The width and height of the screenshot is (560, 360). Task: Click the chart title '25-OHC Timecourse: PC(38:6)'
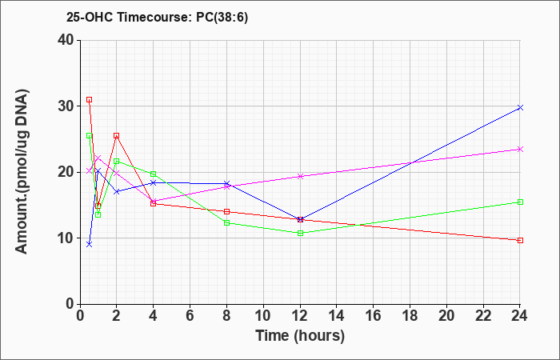coord(157,17)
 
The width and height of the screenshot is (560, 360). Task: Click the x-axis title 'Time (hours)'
coord(300,336)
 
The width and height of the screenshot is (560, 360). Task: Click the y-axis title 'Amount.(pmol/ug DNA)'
coord(22,172)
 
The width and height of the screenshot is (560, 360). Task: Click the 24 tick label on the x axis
coord(520,316)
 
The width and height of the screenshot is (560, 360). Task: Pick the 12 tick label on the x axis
coord(300,316)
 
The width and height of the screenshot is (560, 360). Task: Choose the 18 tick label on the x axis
coord(410,316)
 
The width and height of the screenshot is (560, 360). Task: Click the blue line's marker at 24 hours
coord(520,107)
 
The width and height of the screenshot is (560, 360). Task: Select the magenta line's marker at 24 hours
coord(520,150)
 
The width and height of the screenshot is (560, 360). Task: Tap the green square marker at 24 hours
coord(520,202)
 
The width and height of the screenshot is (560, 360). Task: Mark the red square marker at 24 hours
coord(520,240)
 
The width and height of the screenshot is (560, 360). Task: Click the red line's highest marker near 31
coord(90,100)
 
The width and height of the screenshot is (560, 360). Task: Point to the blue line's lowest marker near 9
coord(90,244)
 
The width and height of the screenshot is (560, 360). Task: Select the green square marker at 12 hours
coord(300,234)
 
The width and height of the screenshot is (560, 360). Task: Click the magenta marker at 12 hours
coord(300,176)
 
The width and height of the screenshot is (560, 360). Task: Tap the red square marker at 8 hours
coord(226,211)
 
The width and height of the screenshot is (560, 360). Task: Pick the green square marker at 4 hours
coord(154,174)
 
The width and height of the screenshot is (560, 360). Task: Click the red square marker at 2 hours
coord(117,136)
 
